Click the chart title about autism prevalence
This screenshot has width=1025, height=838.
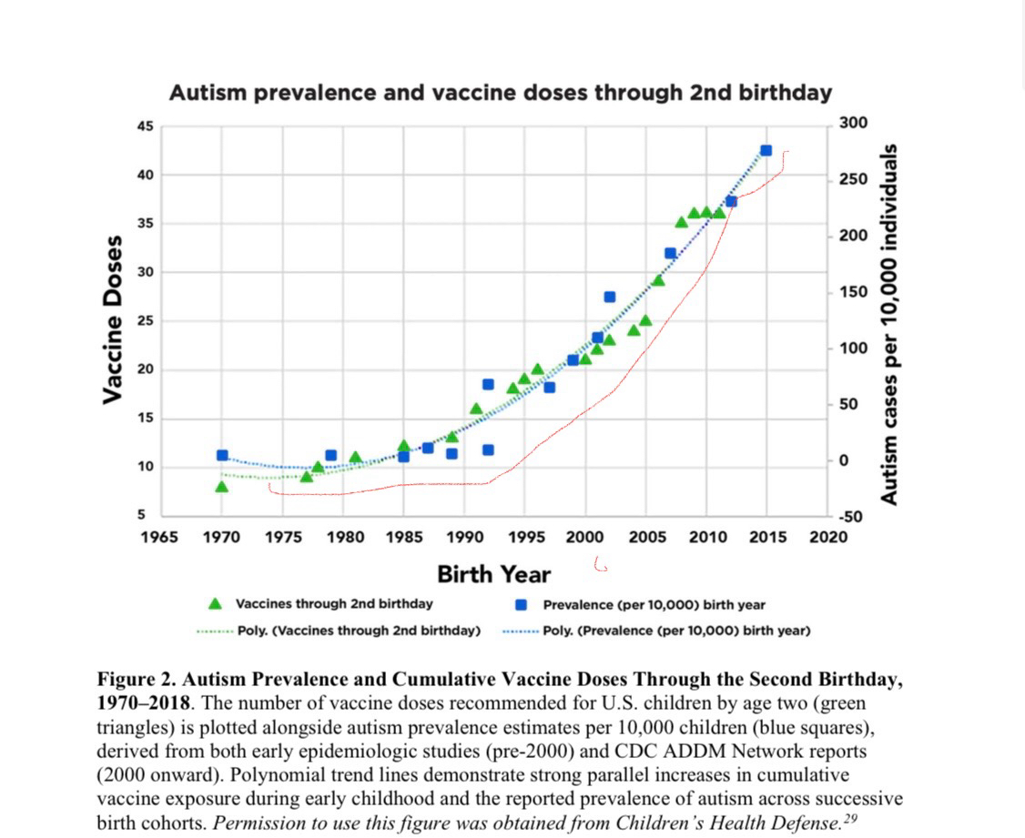coord(500,92)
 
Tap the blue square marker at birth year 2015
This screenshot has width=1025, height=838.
coord(766,150)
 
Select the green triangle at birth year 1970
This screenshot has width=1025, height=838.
coord(221,487)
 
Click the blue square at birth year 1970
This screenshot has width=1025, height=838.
coord(222,455)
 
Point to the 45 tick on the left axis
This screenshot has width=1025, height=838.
coord(146,126)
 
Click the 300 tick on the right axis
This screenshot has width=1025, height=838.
coord(855,123)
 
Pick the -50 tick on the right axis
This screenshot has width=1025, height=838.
coord(852,517)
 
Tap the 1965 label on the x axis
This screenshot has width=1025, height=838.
coord(159,536)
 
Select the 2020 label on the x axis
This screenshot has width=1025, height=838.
coord(828,536)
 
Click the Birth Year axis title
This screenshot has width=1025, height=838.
coord(493,574)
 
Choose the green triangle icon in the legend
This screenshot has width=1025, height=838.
coord(216,603)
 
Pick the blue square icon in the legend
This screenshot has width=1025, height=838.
coord(522,604)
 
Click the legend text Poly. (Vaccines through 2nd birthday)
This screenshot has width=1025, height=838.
coord(359,630)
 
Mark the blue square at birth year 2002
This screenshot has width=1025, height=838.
coord(609,297)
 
